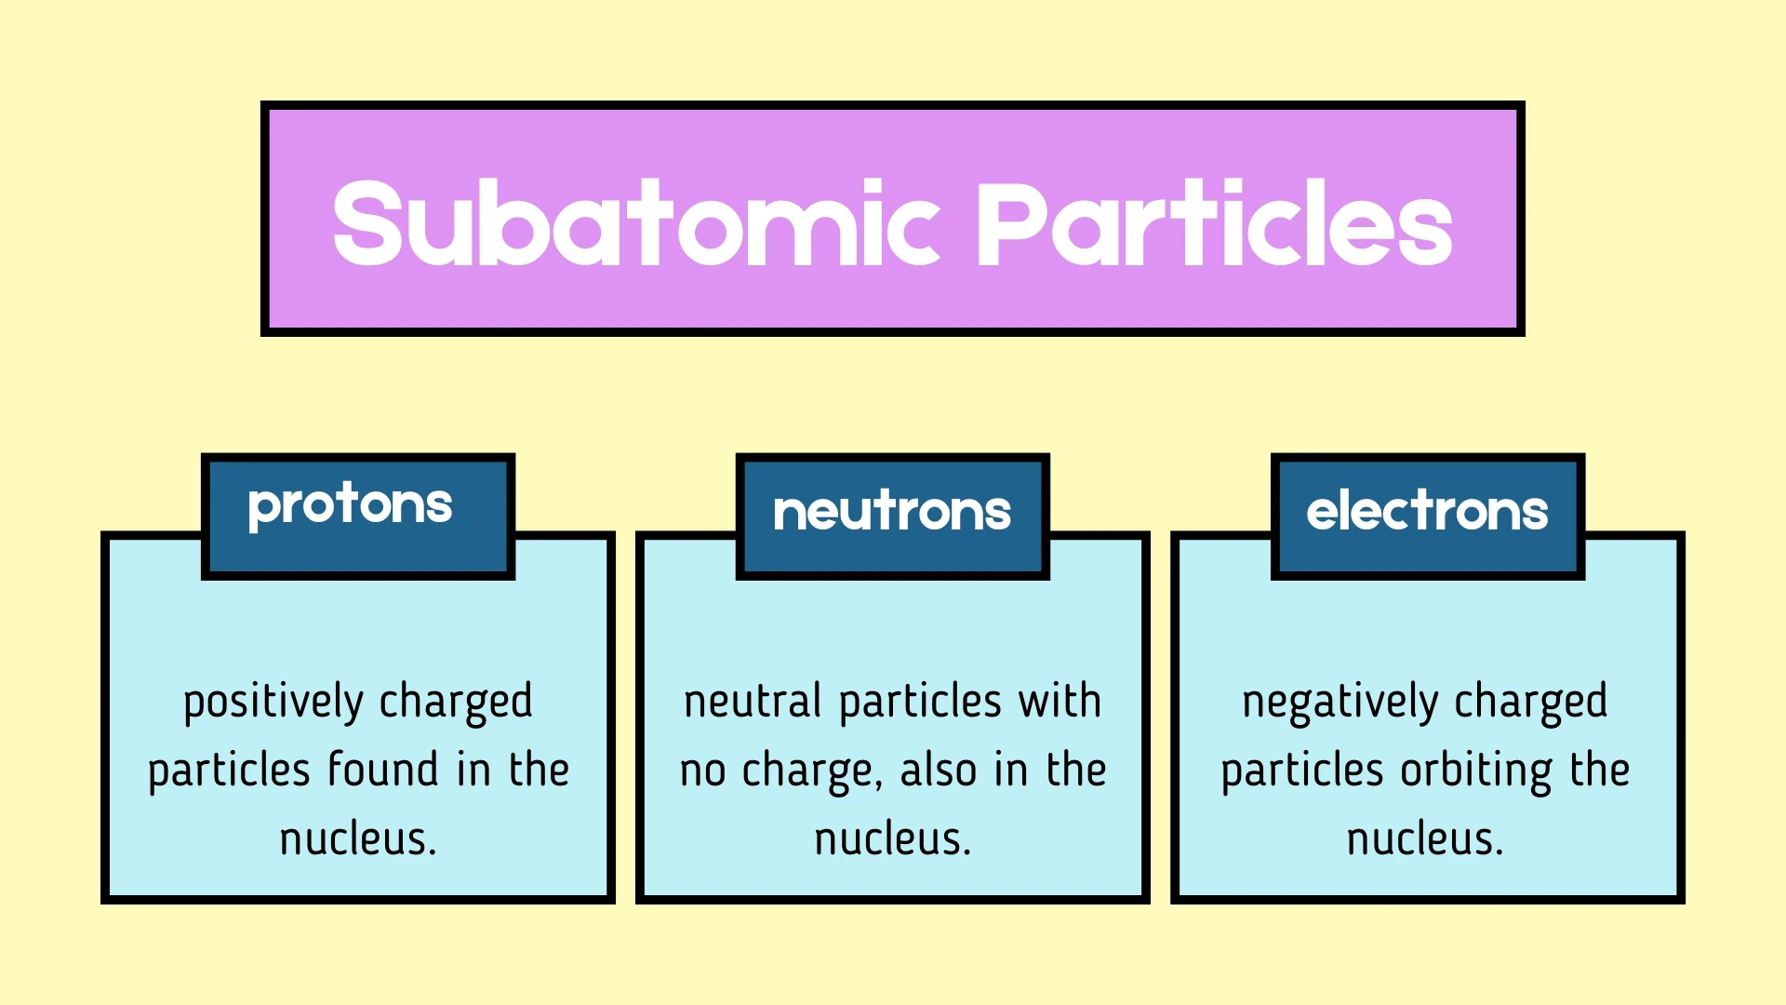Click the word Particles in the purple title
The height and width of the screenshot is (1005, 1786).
click(1213, 223)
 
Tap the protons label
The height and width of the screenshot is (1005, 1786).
click(350, 506)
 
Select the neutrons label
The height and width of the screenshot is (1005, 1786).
click(892, 512)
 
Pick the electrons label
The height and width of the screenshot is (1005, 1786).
click(1427, 512)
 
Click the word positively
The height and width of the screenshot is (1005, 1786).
click(273, 703)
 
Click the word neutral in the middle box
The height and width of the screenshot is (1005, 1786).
click(753, 702)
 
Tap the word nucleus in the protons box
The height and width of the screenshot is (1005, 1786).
click(358, 839)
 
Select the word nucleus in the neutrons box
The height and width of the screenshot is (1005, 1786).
click(892, 839)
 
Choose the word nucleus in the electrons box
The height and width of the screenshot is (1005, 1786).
click(1425, 839)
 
